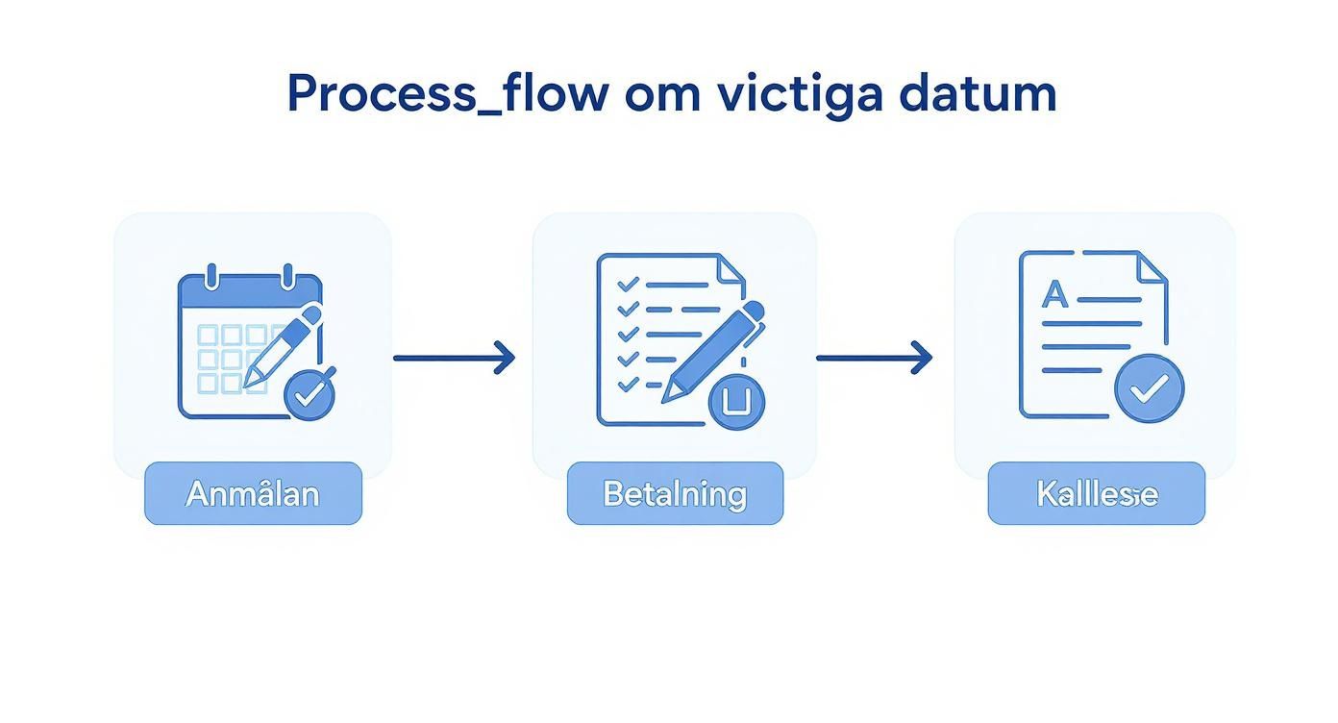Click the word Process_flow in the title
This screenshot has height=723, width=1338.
tap(447, 94)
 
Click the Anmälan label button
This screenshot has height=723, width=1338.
tap(253, 494)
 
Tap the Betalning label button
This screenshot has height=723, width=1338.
tap(675, 494)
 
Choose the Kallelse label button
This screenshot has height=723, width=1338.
tap(1096, 494)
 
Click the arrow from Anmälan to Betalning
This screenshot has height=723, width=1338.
tap(454, 358)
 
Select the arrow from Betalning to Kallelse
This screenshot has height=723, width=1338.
tap(874, 358)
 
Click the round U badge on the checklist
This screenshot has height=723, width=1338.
tap(736, 401)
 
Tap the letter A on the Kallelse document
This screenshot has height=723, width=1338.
tap(1054, 295)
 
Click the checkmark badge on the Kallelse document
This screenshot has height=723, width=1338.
tap(1149, 388)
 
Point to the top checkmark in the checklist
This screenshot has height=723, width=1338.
tap(628, 285)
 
